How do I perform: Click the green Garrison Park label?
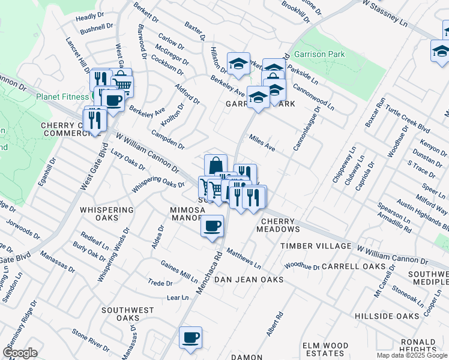click(321, 54)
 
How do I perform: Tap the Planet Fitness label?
click(62, 96)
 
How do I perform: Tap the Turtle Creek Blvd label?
click(408, 120)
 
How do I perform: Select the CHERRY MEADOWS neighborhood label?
click(279, 226)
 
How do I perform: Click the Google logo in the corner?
click(20, 353)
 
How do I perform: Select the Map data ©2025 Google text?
click(412, 355)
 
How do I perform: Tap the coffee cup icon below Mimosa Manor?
click(212, 226)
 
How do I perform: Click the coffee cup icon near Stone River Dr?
click(190, 337)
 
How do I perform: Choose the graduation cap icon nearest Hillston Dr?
click(238, 63)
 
